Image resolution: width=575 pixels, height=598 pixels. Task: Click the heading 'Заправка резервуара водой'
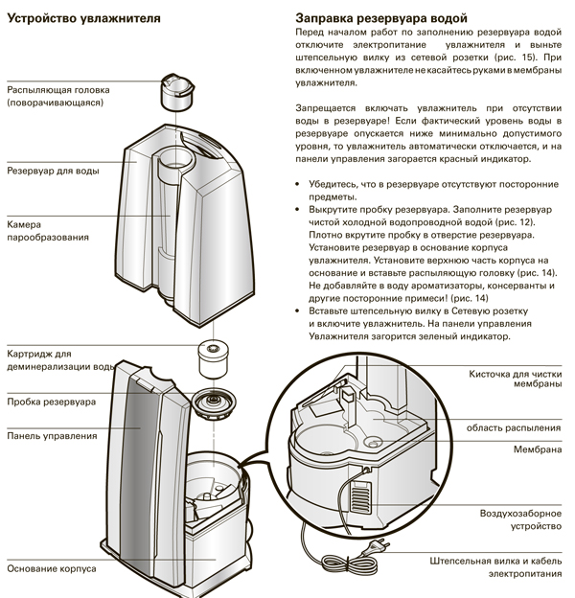(x=382, y=18)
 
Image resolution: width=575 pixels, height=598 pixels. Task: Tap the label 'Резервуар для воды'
(x=53, y=172)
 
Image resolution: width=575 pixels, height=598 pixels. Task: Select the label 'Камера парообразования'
(x=48, y=230)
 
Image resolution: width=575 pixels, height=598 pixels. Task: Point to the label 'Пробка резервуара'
(x=51, y=402)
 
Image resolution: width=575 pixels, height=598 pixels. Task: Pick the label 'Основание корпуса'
(x=51, y=568)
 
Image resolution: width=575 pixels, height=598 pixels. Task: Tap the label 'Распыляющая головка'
(x=58, y=90)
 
